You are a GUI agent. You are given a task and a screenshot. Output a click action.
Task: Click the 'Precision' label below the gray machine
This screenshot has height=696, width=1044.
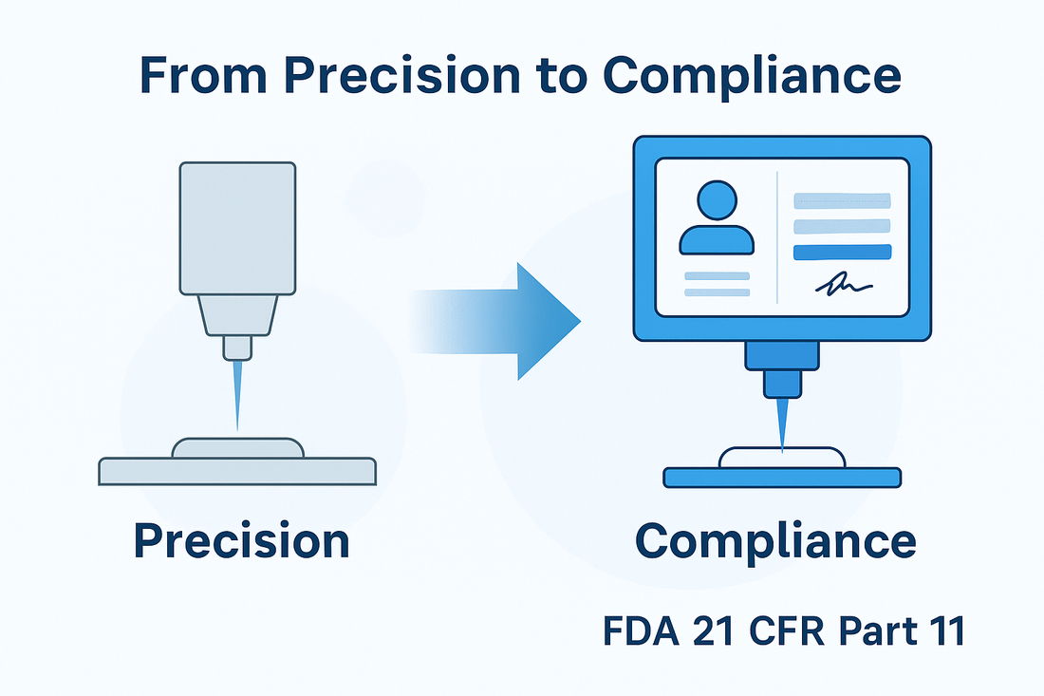[241, 540]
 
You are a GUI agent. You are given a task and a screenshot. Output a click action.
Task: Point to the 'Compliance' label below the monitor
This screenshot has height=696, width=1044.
[775, 540]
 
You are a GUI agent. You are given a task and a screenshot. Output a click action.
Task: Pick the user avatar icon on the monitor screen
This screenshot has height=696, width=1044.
[717, 220]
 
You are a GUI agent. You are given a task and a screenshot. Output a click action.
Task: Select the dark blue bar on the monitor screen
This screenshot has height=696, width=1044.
[842, 252]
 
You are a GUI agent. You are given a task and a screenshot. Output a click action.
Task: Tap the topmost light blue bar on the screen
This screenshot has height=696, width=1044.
[842, 200]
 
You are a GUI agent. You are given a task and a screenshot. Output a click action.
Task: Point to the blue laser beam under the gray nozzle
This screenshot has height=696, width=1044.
[237, 394]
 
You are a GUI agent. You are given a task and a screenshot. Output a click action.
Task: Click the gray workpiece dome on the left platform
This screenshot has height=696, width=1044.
[237, 448]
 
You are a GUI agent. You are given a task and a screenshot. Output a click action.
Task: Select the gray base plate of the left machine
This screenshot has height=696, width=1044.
[237, 470]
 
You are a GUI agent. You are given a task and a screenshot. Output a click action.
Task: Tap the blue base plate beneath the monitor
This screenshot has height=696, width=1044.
[781, 478]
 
